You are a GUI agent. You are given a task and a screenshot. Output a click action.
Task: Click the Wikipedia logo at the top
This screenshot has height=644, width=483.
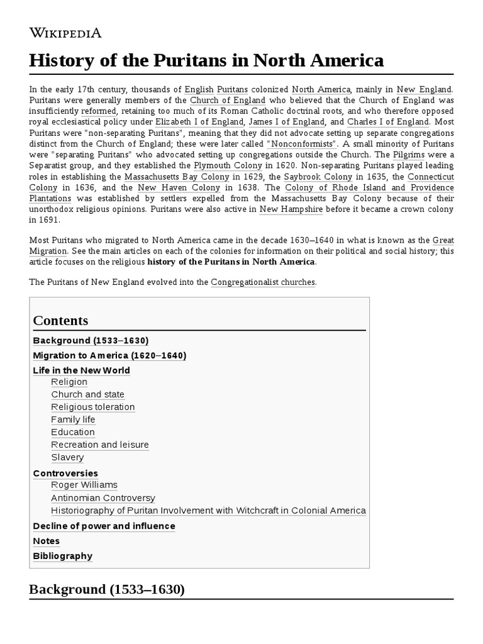[65, 33]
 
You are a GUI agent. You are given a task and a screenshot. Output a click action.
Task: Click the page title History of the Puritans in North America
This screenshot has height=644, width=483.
[206, 61]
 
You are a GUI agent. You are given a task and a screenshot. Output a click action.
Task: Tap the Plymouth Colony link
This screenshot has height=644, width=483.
[227, 165]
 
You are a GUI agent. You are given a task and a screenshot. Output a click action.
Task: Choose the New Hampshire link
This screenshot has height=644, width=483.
[291, 209]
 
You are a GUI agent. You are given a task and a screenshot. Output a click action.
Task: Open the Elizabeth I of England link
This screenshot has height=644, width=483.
[199, 121]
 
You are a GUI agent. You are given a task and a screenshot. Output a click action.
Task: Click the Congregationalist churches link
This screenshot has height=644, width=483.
[263, 282]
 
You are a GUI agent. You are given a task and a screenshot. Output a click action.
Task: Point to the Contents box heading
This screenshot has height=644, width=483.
[60, 321]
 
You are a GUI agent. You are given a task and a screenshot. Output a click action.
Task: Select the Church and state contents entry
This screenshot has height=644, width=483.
[88, 394]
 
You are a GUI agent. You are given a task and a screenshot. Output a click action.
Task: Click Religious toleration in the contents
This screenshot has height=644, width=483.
[93, 407]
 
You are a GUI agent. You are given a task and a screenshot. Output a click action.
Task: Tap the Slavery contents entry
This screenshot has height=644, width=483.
[67, 457]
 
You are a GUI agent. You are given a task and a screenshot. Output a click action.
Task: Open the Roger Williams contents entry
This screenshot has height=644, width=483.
[84, 485]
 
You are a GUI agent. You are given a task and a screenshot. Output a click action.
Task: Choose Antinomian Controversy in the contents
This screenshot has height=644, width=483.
[103, 497]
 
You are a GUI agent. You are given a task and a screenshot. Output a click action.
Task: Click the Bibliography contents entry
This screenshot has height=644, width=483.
[62, 556]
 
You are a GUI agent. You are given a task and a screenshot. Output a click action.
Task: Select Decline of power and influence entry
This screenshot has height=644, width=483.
[104, 526]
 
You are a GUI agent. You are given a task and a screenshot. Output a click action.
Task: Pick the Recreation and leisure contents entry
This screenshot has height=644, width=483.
[100, 445]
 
